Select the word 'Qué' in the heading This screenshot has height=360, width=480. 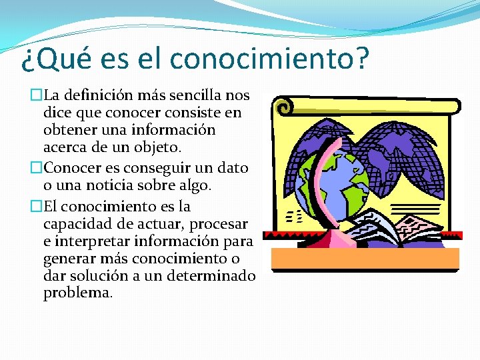point(61,59)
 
